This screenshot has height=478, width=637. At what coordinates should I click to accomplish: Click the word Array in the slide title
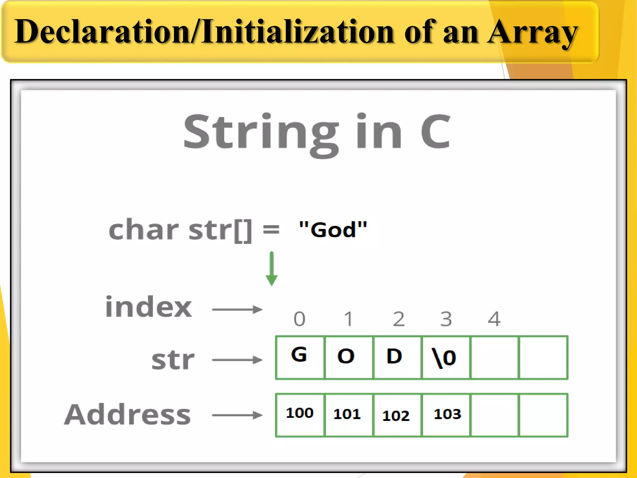tap(532, 32)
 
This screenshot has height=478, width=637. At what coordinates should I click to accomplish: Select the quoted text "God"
tap(333, 230)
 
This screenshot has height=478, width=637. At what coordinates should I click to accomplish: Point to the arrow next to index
tap(237, 309)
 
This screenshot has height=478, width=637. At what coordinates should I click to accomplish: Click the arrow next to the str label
tap(237, 360)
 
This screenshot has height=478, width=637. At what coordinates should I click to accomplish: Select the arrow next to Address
tap(237, 415)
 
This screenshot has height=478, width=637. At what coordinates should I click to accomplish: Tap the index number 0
tap(300, 319)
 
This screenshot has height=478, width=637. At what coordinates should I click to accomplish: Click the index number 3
tap(446, 319)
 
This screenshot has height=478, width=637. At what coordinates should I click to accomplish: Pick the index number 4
tap(494, 319)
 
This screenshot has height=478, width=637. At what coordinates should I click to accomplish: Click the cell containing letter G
tap(300, 357)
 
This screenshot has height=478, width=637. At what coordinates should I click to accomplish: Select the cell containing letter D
tap(397, 357)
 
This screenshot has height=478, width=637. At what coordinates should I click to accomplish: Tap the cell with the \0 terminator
tap(445, 357)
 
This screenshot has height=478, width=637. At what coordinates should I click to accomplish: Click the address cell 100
tap(300, 415)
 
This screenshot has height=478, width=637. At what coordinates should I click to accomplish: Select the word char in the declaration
tap(144, 230)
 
